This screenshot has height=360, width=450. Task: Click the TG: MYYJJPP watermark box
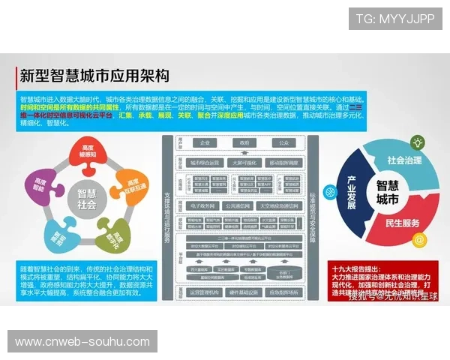click(394, 18)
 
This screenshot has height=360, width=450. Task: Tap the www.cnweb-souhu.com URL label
click(83, 342)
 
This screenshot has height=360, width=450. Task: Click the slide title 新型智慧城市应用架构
click(94, 76)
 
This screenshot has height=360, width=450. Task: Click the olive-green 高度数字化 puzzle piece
click(116, 235)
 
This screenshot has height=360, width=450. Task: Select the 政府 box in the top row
click(243, 142)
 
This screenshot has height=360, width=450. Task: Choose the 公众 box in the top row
click(283, 142)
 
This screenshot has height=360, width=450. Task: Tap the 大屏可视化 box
click(244, 162)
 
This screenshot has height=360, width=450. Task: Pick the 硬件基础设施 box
click(244, 292)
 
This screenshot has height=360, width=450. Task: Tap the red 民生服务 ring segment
click(409, 223)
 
